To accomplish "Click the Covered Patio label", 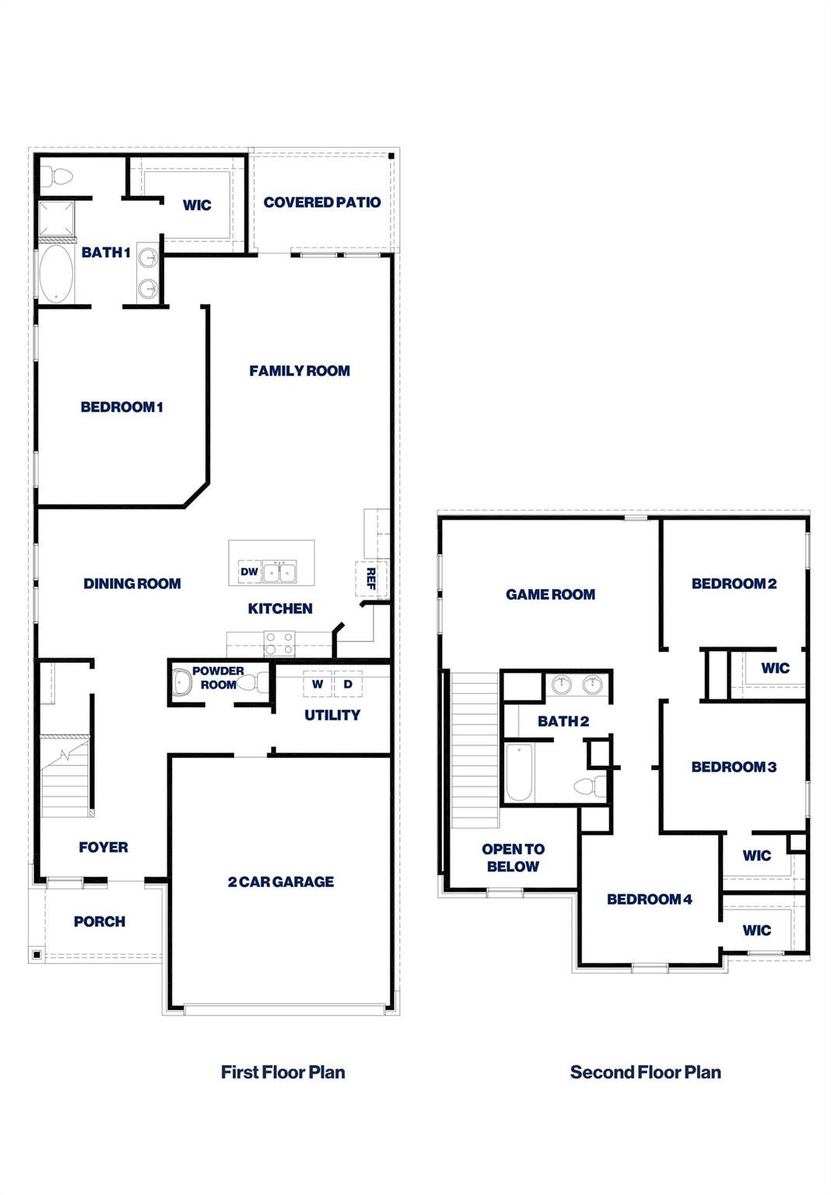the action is coord(322,202).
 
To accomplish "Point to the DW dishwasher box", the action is coord(249,572).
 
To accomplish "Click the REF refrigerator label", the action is coord(370,578).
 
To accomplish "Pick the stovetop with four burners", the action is coord(279,643).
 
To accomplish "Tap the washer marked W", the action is coord(317,684).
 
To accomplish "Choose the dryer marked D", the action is coord(348,684).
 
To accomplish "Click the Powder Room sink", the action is coord(181,683).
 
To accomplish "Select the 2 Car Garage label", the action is coord(281,881).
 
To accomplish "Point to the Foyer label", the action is coord(103,847).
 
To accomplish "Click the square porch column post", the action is coord(37,955).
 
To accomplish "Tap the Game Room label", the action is coord(550,594).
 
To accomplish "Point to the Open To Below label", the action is coord(513,858).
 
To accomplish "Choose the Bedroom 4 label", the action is coord(650,899).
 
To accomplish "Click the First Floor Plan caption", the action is coord(283,1083).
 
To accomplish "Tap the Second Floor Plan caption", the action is coord(646,1083).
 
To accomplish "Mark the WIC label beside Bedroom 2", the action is coord(776,668).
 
